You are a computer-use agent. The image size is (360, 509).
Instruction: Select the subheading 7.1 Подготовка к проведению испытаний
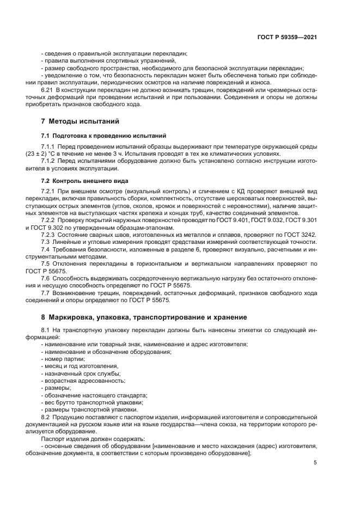[x=103, y=135]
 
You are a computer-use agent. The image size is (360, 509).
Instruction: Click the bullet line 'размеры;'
[x=56, y=388]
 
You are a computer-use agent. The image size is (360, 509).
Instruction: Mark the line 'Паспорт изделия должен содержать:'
[x=84, y=438]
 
